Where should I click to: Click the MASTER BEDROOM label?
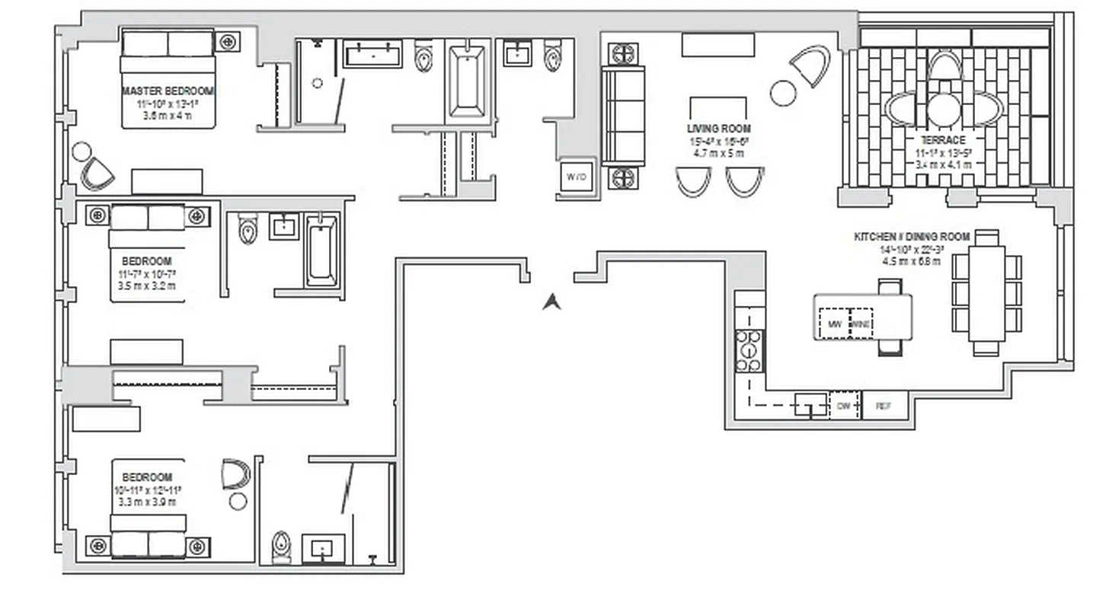(x=168, y=91)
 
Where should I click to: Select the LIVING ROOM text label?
(x=718, y=129)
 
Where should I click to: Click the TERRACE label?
(x=943, y=140)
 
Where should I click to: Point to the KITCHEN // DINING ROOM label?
(x=912, y=238)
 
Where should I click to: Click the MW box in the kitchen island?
(x=834, y=324)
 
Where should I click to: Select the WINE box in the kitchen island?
(x=861, y=324)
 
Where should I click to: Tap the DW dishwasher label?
(x=843, y=407)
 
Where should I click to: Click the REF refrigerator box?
(x=884, y=407)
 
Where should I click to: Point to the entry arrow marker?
(x=551, y=302)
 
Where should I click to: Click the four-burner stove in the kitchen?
(x=749, y=351)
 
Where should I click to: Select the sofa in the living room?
(x=623, y=116)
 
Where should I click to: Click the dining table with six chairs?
(x=986, y=293)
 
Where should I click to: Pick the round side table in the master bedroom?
(x=81, y=151)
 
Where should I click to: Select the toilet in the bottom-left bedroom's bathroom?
(x=281, y=547)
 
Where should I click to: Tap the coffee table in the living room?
(x=717, y=107)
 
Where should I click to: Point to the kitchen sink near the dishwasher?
(x=810, y=404)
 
